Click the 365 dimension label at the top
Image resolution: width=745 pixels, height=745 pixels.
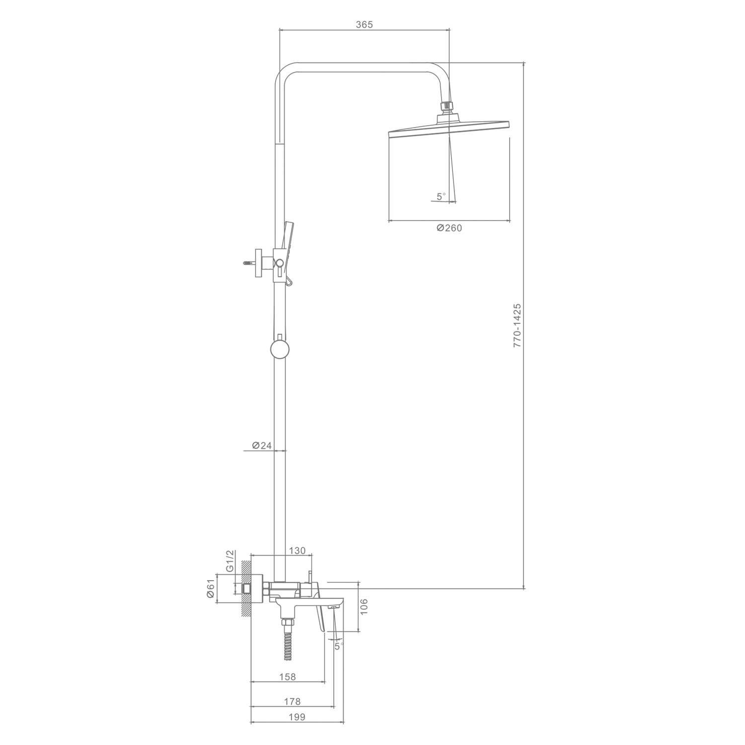pyautogui.click(x=364, y=24)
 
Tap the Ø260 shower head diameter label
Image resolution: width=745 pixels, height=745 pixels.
pyautogui.click(x=449, y=228)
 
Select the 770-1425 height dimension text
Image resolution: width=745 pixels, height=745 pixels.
pyautogui.click(x=517, y=325)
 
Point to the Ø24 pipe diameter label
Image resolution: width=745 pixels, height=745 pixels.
pyautogui.click(x=262, y=446)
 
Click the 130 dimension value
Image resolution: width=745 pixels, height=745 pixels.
pyautogui.click(x=297, y=551)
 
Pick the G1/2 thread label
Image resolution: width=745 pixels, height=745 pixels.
pyautogui.click(x=229, y=561)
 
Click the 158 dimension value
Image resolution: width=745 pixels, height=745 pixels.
pyautogui.click(x=288, y=676)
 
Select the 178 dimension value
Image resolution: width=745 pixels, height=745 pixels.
pyautogui.click(x=292, y=701)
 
